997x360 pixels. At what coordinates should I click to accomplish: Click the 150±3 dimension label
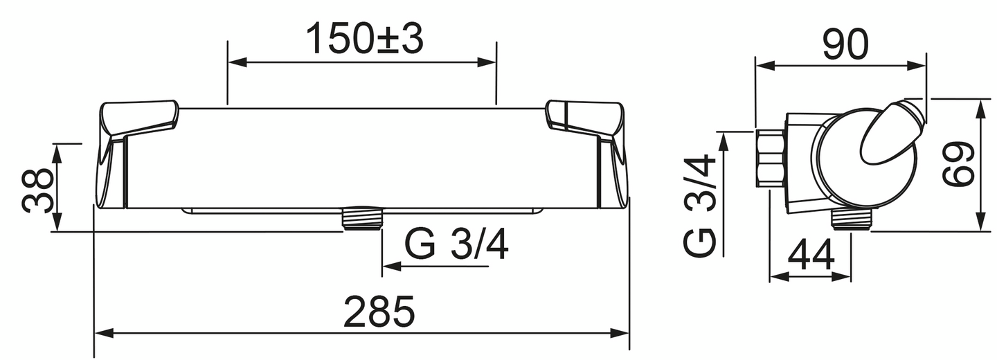click(x=364, y=39)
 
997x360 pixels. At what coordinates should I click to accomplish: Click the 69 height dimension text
click(x=960, y=165)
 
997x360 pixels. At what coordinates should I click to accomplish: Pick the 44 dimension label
click(x=811, y=256)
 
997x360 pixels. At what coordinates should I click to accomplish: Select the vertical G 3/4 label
click(x=701, y=206)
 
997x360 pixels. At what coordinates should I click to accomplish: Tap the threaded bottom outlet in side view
click(x=850, y=219)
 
